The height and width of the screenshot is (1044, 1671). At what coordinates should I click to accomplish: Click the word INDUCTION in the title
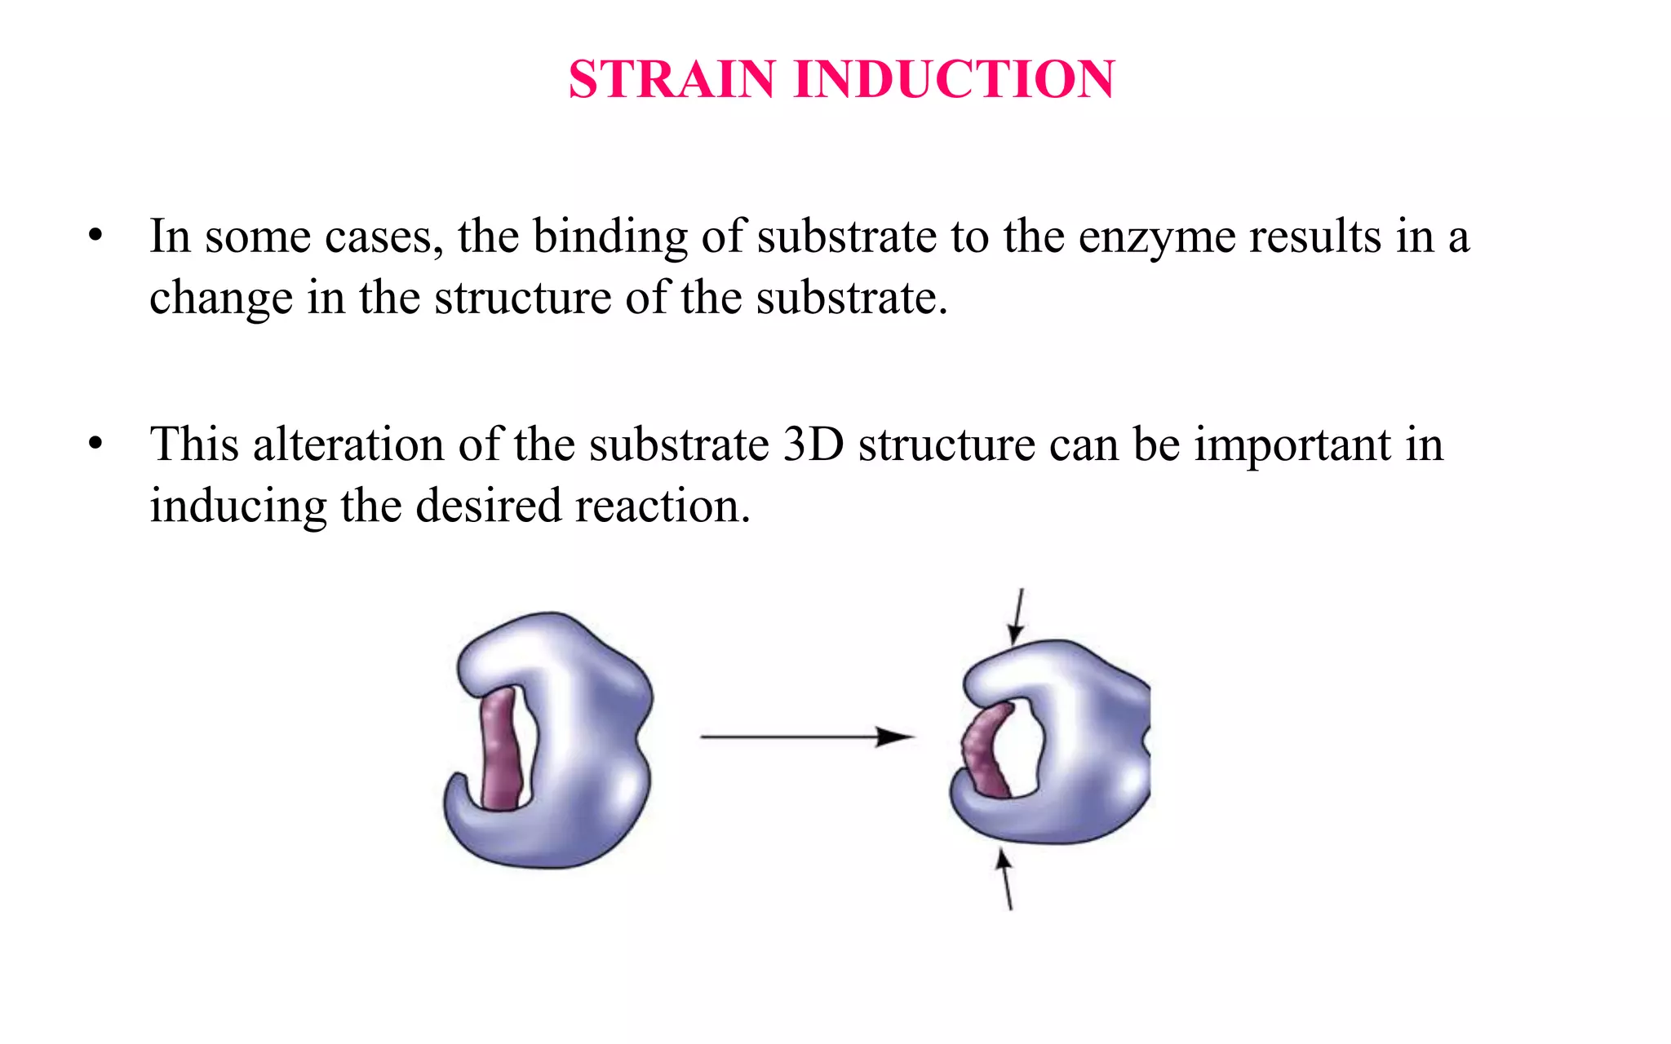tap(954, 80)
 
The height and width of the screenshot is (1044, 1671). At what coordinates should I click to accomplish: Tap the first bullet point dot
tap(96, 236)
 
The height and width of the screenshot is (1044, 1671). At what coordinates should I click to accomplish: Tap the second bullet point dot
tap(96, 445)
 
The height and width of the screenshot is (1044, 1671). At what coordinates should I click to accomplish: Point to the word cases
tap(383, 237)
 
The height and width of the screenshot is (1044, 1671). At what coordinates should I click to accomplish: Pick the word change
tap(220, 299)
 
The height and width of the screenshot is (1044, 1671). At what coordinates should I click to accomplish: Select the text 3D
tap(813, 445)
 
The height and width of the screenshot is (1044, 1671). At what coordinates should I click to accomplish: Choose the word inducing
tap(237, 507)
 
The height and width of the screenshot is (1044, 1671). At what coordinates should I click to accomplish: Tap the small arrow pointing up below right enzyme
tap(1006, 879)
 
